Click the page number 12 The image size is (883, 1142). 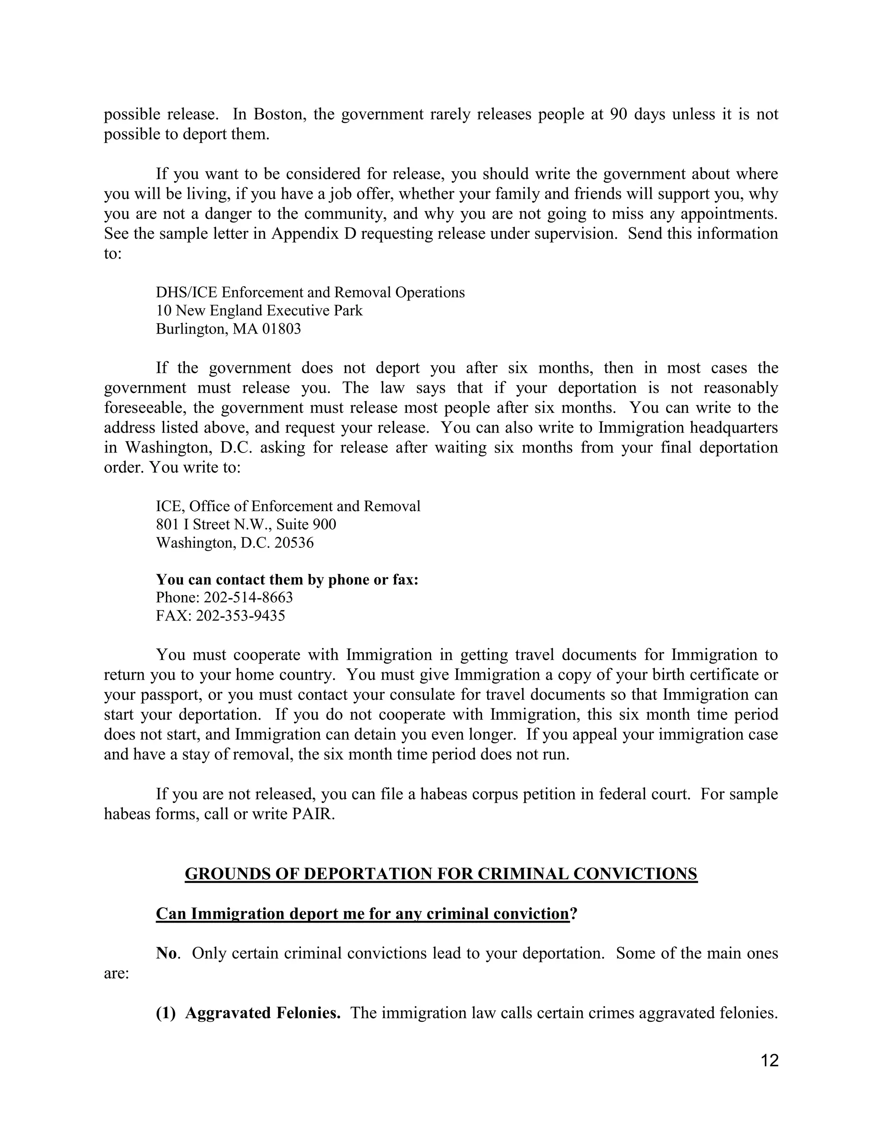tap(770, 1061)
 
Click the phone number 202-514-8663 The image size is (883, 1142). tap(248, 597)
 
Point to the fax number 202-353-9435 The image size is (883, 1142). tap(241, 615)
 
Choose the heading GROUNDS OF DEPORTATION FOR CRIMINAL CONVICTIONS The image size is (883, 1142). tap(441, 874)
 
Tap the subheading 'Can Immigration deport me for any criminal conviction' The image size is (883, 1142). tap(363, 914)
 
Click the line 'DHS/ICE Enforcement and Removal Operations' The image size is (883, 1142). tap(310, 292)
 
